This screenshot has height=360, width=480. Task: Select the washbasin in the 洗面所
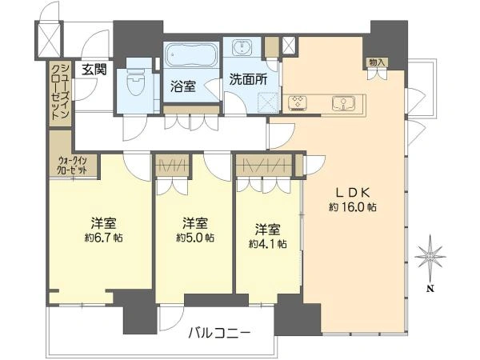[242, 47]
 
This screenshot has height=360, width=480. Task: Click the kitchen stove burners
[298, 102]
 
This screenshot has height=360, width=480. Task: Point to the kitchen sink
[344, 103]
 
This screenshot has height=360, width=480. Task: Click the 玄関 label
[94, 70]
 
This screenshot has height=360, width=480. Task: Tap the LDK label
[354, 193]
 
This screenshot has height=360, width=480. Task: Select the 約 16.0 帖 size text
[353, 207]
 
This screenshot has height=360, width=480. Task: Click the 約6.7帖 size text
[103, 238]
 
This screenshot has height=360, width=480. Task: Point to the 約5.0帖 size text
[195, 238]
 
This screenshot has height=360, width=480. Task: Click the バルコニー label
[219, 333]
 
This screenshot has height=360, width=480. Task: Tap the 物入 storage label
[377, 62]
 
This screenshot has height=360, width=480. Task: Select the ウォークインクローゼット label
[73, 166]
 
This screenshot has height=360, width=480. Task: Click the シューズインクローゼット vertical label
[60, 91]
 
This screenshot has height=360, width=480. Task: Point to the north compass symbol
[430, 257]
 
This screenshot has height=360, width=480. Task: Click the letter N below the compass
[430, 288]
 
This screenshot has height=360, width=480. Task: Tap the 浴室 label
[183, 86]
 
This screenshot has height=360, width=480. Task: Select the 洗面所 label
[248, 79]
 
